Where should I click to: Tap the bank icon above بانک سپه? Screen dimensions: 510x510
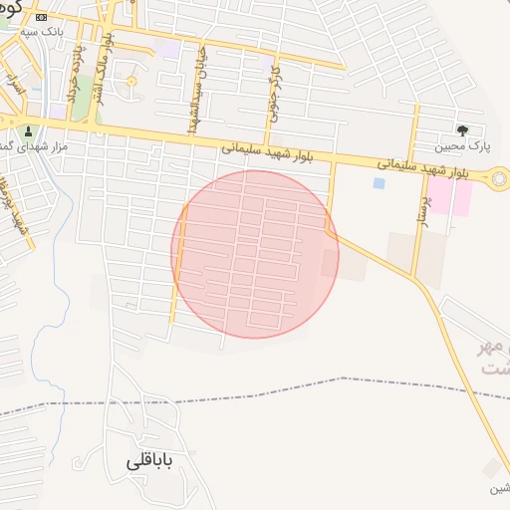[41, 18]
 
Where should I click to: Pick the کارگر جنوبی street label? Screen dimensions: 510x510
[275, 96]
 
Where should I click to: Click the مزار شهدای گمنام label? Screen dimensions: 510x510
[32, 146]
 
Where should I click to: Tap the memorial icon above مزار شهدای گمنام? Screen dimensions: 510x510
[28, 130]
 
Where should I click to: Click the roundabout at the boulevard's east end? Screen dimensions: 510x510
[496, 179]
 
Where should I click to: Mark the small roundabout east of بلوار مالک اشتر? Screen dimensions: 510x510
[130, 81]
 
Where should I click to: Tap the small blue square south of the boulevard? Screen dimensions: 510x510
[379, 183]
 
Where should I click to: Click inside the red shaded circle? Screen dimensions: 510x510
[255, 254]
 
